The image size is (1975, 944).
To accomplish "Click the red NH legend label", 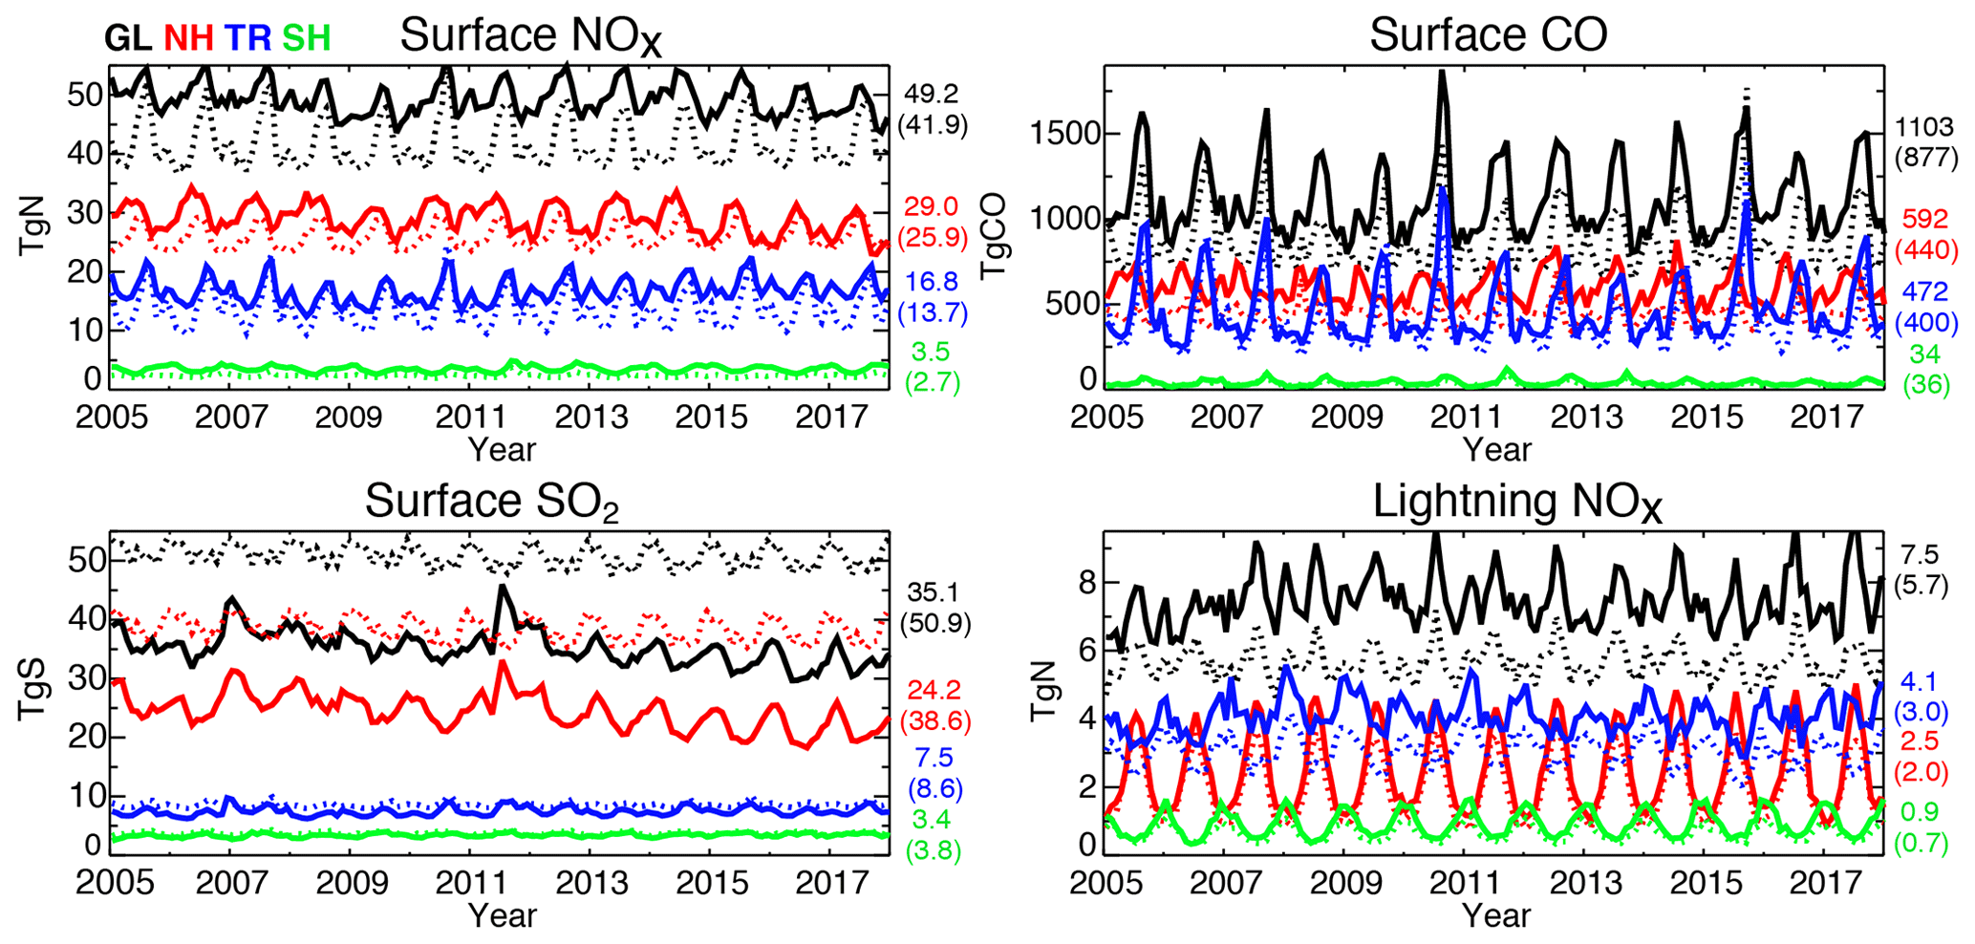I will pos(188,38).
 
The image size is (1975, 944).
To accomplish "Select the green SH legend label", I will pos(306,38).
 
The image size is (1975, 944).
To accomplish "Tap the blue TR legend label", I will pos(247,38).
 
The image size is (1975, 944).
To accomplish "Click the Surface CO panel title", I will pos(1488,35).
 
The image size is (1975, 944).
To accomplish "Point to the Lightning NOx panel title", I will pos(1517,503).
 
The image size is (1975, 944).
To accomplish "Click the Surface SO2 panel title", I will pos(492,503).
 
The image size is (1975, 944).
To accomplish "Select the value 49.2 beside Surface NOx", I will pos(932,94).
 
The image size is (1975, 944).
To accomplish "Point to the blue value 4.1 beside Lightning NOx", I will pos(1919,682).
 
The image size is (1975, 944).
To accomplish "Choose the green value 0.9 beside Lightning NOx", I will pos(1919,812).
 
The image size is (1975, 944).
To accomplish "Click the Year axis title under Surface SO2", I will pos(502,914).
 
